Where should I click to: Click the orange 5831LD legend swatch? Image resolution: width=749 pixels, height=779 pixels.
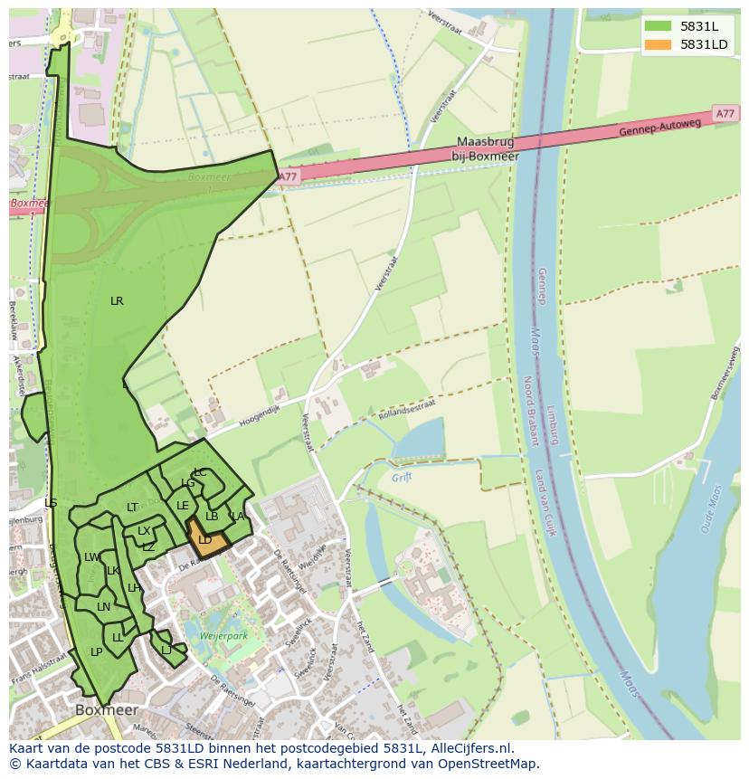coord(659,44)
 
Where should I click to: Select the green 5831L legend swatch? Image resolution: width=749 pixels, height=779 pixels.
coord(659,26)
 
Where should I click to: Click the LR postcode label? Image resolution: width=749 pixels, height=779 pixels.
coord(117,301)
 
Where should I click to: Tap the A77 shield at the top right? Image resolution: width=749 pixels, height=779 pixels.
coord(725,114)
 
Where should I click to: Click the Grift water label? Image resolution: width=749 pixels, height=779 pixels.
coord(402,477)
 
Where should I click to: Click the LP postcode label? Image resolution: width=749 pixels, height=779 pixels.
coord(96,652)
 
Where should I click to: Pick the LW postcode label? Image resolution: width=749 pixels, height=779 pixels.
coord(91,557)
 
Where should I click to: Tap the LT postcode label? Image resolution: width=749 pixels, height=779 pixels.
coord(132,508)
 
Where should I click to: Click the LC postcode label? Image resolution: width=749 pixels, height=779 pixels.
coord(200,472)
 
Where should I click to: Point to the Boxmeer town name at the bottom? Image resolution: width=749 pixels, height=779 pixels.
coord(107,710)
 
